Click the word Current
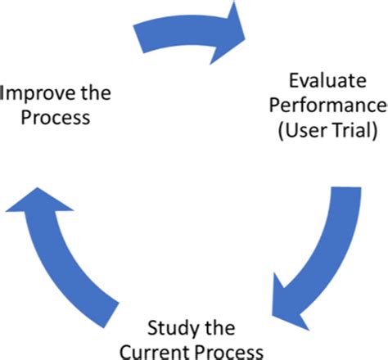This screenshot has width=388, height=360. tap(155, 352)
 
